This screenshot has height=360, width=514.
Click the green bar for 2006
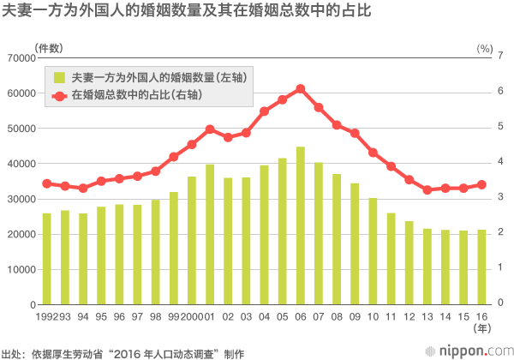[301, 225]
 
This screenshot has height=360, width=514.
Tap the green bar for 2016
[481, 267]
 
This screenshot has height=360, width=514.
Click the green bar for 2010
[373, 251]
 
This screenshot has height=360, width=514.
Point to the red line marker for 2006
[301, 88]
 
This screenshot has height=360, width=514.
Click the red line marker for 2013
[427, 189]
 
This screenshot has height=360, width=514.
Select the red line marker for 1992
[46, 183]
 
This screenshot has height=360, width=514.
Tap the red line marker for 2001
[210, 129]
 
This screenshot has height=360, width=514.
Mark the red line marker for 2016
[481, 184]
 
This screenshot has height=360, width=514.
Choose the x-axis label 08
[337, 316]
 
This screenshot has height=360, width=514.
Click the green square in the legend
[58, 77]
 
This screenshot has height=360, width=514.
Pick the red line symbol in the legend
[58, 95]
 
